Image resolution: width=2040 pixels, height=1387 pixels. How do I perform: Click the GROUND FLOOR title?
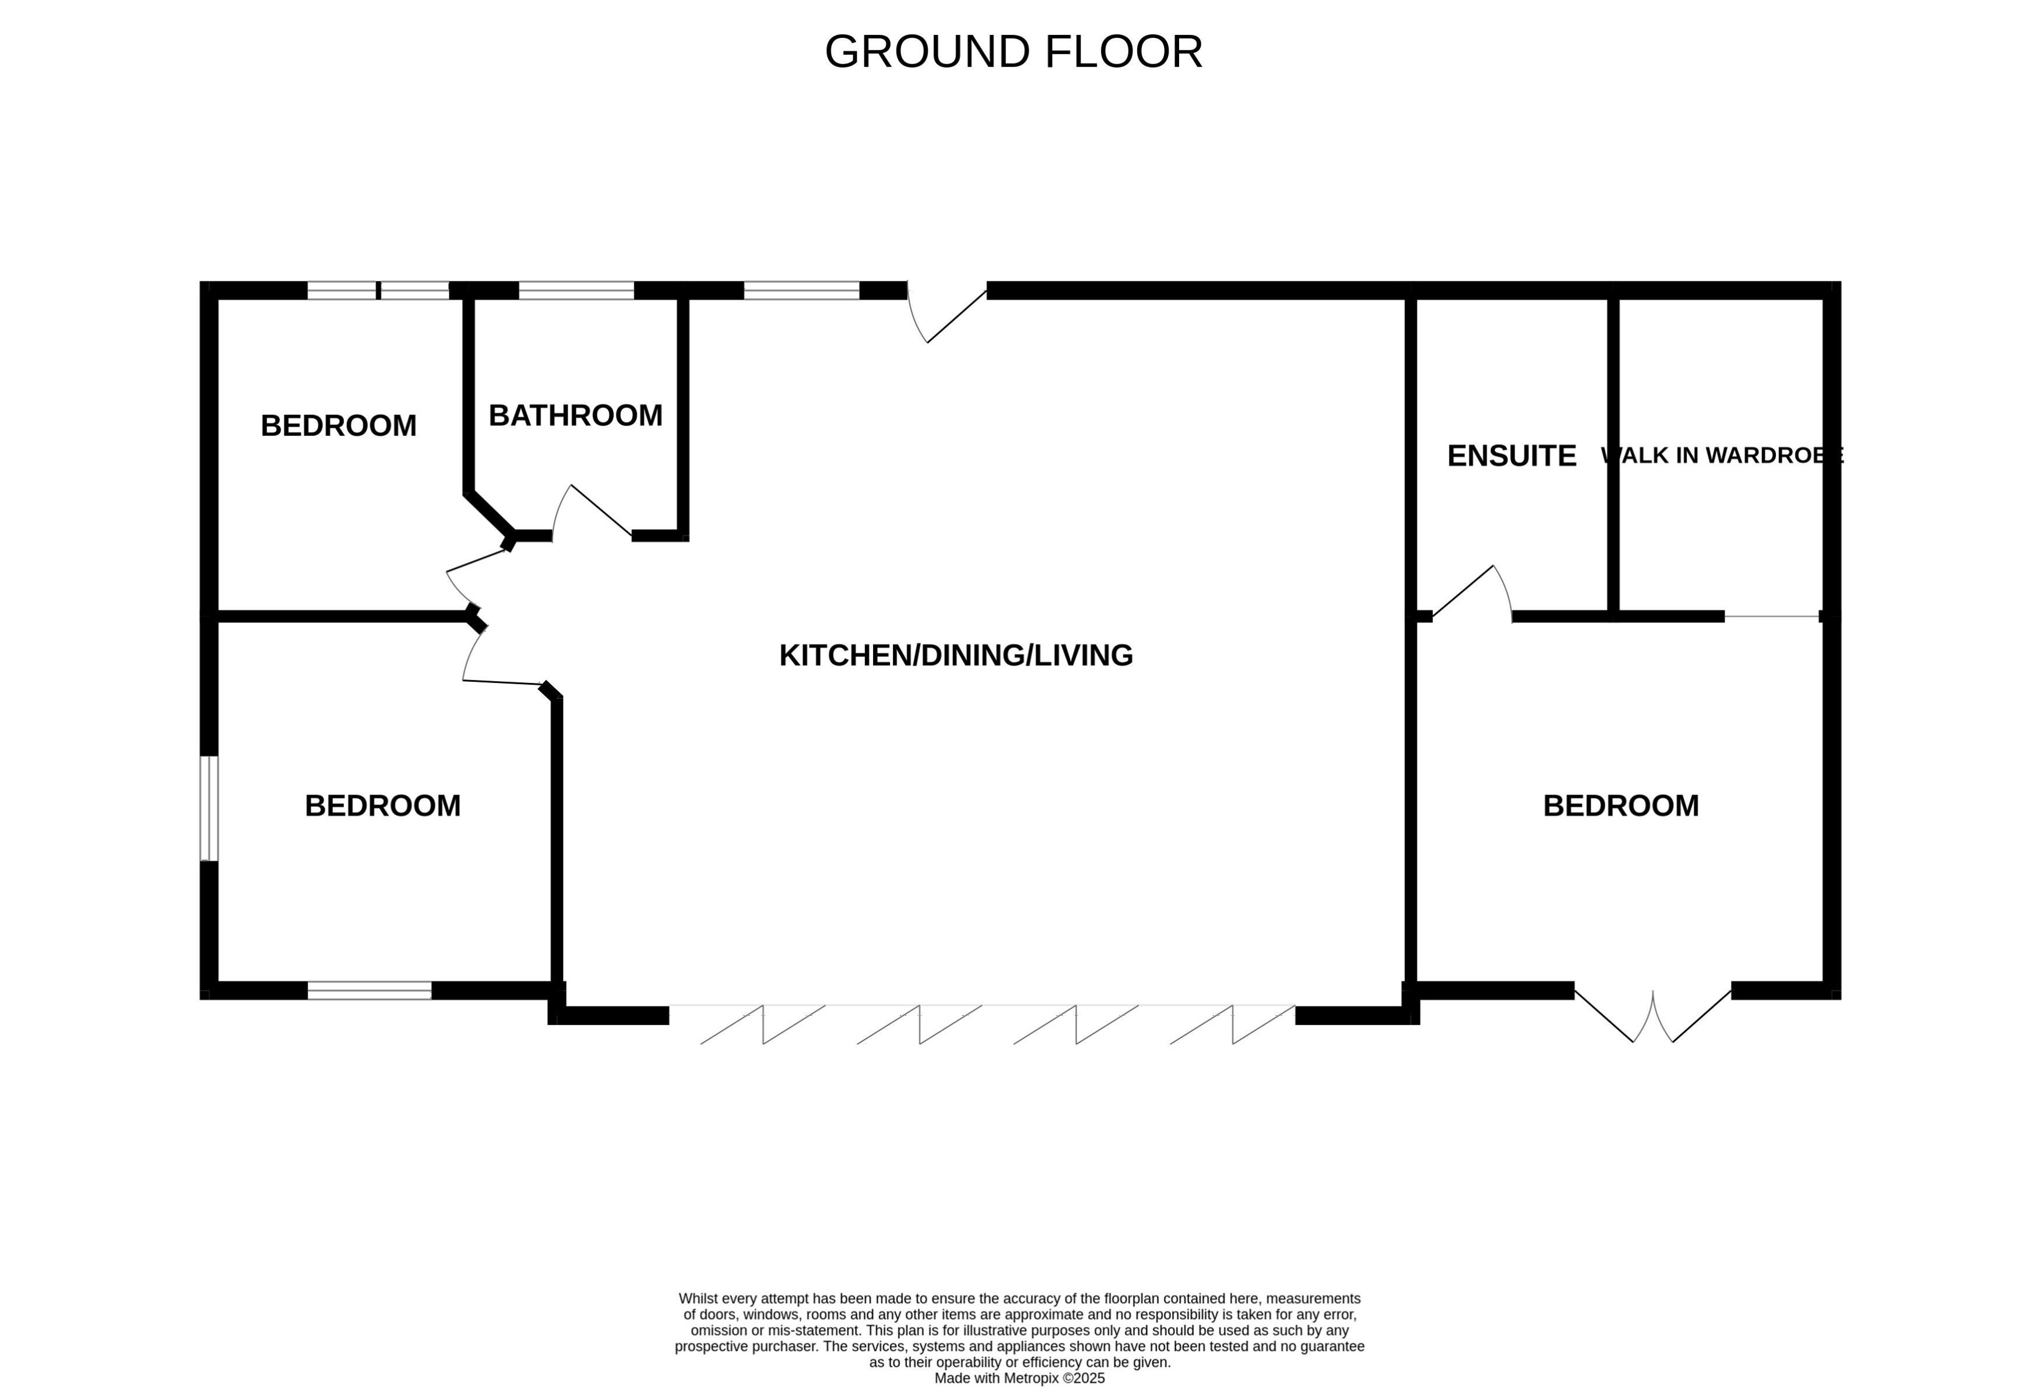pos(1013,52)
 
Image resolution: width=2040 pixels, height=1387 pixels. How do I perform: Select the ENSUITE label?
pos(1511,456)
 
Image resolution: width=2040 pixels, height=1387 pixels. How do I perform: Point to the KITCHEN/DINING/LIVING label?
pos(955,656)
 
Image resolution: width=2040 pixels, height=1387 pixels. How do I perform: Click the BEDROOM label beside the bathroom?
pos(338,426)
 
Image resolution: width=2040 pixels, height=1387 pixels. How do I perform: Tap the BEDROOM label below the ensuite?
pos(1620,806)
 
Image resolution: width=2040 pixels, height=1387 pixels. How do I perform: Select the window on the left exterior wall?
pos(209,808)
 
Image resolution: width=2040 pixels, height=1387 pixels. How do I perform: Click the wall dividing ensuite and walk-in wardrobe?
pos(1613,456)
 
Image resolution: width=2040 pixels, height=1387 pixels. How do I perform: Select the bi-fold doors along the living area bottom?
pos(982,1023)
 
